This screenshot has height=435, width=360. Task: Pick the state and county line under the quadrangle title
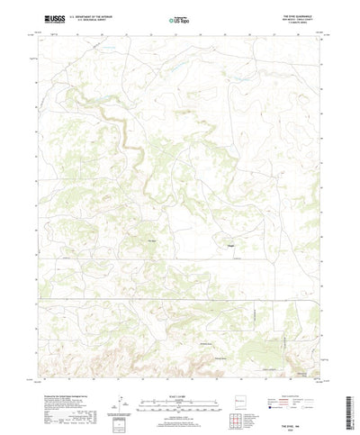tap(301, 18)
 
